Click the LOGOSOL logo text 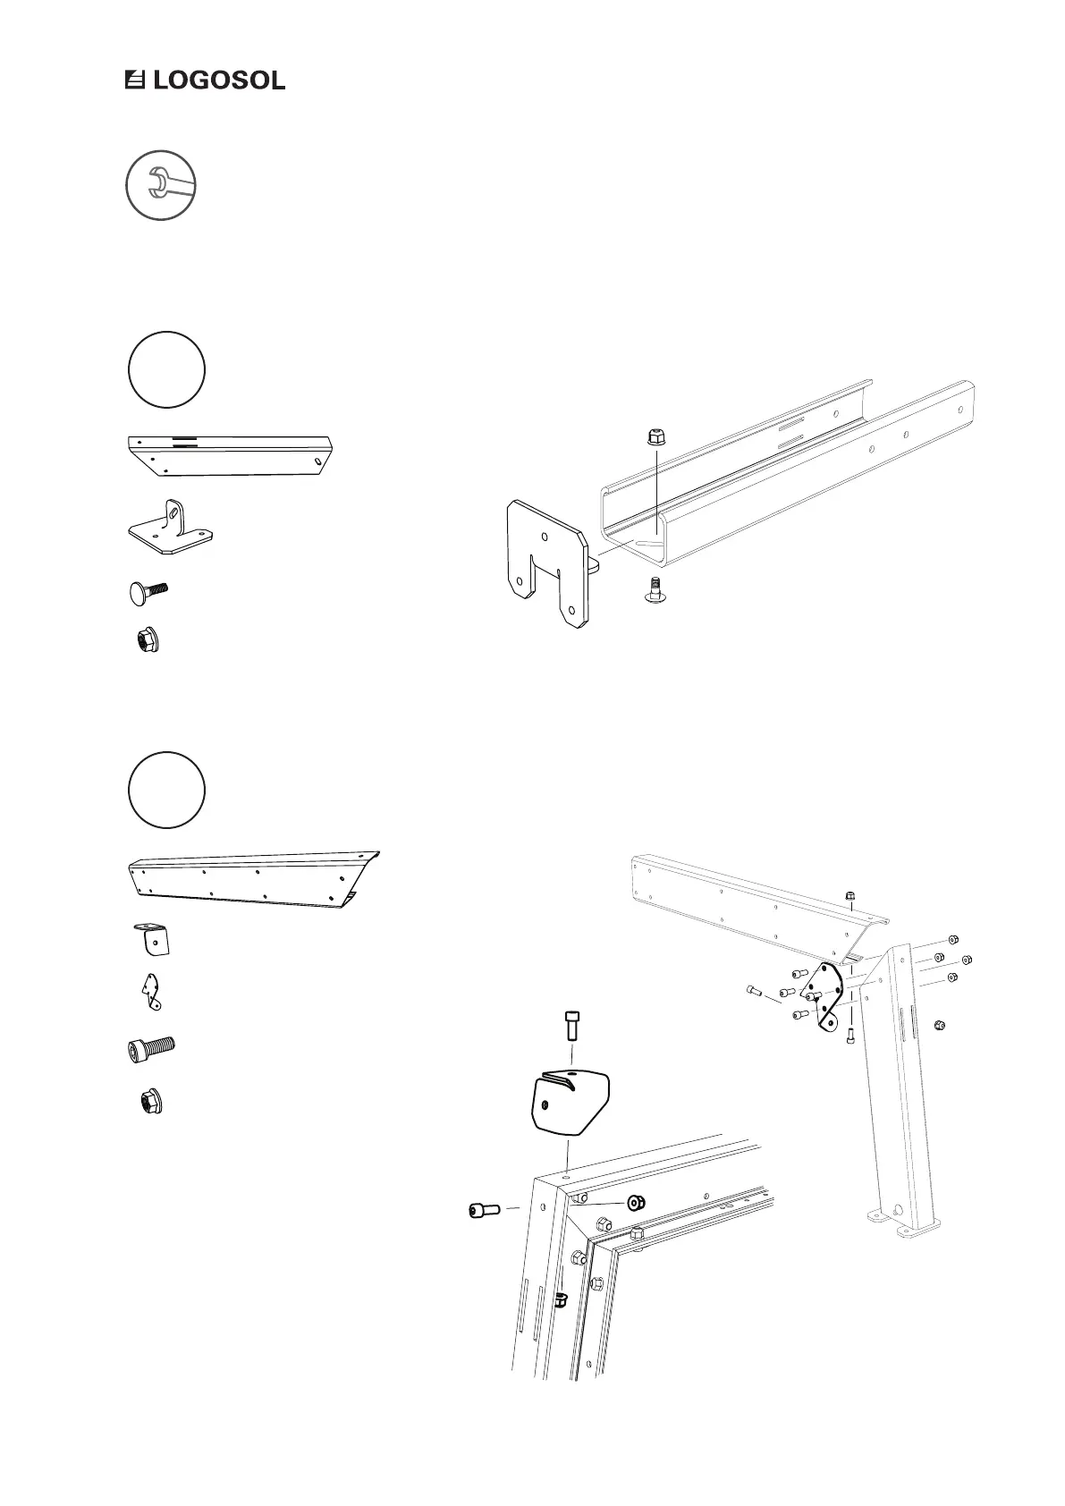(218, 80)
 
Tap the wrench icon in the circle (161, 185)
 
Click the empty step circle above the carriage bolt (167, 369)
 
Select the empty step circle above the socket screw (167, 791)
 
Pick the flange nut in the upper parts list (145, 640)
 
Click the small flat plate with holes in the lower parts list (150, 992)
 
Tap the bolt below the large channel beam (655, 589)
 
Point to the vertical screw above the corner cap (571, 1024)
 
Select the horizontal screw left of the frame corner (485, 1210)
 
